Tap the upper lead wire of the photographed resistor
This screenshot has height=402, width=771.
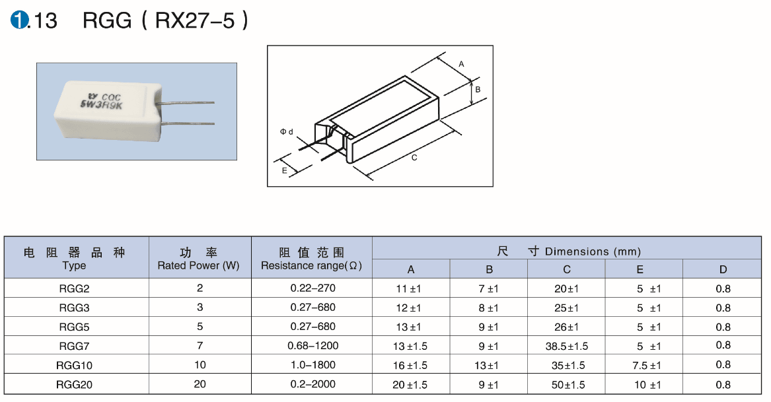186,103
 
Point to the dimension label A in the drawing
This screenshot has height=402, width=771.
461,64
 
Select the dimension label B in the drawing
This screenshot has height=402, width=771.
478,89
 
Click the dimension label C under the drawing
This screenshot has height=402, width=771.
414,158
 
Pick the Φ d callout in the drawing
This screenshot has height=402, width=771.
286,132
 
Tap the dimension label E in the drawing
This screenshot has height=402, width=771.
284,170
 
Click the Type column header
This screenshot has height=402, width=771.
74,265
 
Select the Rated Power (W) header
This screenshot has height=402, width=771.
198,265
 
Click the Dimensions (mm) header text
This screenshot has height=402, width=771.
593,251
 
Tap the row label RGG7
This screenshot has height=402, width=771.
74,346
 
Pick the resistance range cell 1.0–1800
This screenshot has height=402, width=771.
312,365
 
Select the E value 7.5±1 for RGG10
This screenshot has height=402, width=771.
647,365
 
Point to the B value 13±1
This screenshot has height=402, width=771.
486,365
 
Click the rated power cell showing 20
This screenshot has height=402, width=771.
200,384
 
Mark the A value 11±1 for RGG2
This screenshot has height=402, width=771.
408,288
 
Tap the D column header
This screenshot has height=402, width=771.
723,269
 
